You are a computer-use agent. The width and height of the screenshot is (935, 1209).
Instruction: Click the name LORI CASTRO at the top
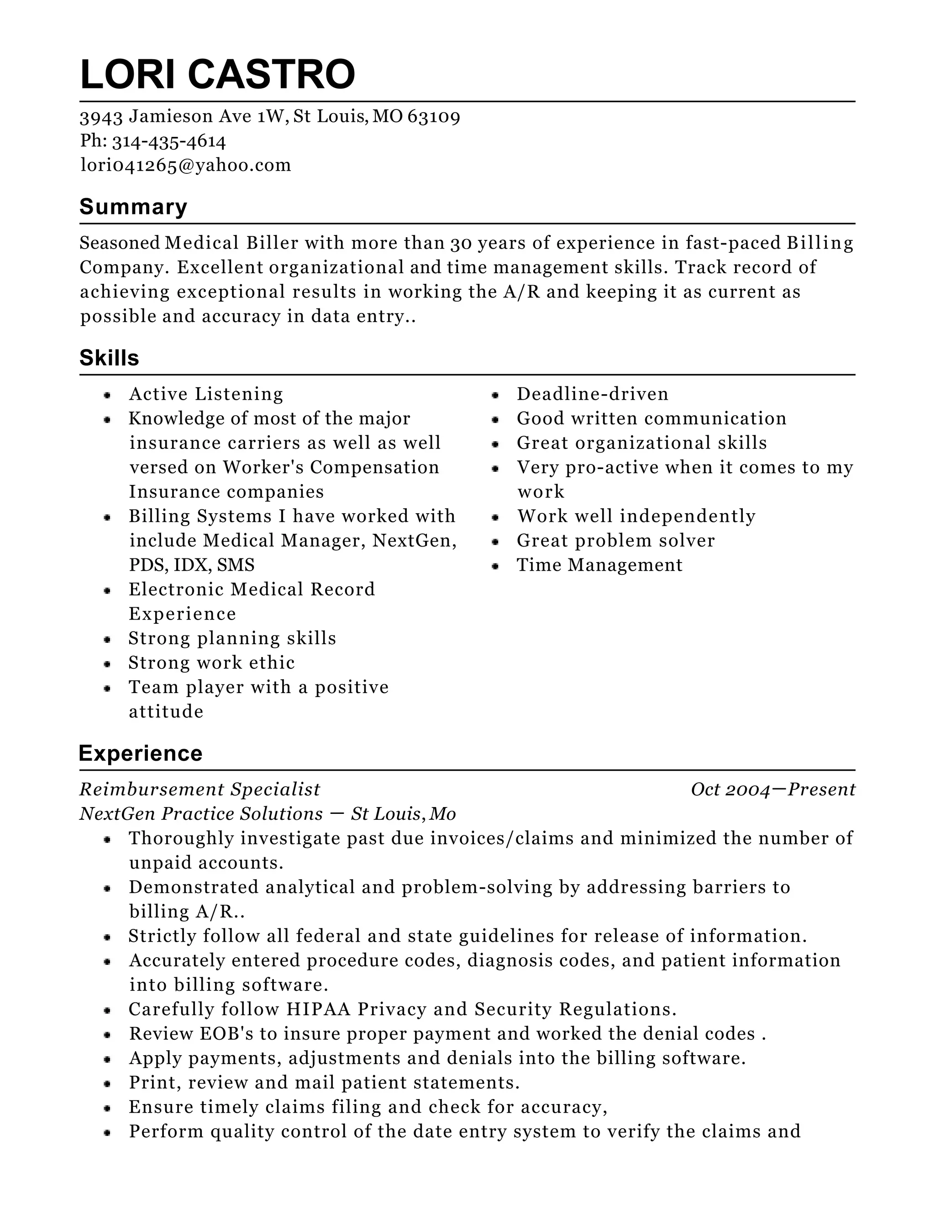click(x=217, y=74)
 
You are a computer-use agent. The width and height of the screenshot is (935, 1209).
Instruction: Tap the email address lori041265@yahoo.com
click(x=185, y=165)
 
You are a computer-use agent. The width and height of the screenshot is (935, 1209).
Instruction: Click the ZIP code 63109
click(x=434, y=116)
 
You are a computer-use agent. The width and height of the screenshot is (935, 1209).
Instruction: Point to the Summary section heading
click(x=133, y=207)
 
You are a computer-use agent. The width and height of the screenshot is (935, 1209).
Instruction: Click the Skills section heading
click(x=109, y=358)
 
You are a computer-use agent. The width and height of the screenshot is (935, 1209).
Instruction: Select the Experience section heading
click(x=141, y=753)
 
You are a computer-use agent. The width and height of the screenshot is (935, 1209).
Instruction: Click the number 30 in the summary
click(x=460, y=243)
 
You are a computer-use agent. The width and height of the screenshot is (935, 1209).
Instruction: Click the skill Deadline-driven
click(x=592, y=394)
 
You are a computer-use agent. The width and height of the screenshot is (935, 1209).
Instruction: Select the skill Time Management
click(x=599, y=565)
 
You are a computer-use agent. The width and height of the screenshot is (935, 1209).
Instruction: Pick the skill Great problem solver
click(x=615, y=541)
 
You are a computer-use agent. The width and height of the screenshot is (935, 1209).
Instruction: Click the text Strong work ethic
click(x=211, y=662)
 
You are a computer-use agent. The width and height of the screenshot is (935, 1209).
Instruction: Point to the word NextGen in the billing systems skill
click(x=414, y=541)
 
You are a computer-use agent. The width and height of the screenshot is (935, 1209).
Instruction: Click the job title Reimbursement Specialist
click(x=200, y=789)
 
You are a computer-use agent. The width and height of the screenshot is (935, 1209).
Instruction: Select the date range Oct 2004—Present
click(x=773, y=789)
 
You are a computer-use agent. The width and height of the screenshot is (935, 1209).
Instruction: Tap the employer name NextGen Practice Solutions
click(x=201, y=814)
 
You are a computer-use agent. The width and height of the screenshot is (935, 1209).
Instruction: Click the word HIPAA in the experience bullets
click(x=319, y=1009)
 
